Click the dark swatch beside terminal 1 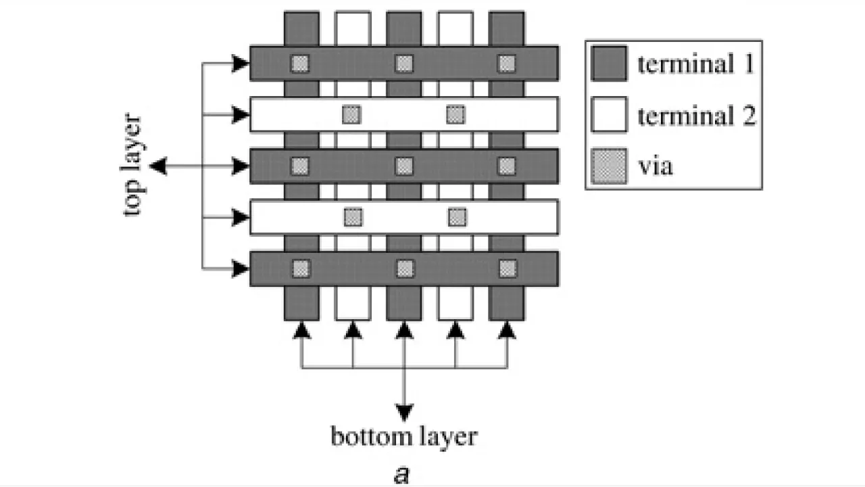pyautogui.click(x=608, y=64)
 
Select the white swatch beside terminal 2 pyautogui.click(x=608, y=114)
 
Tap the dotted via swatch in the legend pyautogui.click(x=608, y=165)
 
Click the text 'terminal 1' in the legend pyautogui.click(x=695, y=64)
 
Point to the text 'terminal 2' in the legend pyautogui.click(x=695, y=116)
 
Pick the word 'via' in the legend pyautogui.click(x=655, y=166)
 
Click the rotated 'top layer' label pyautogui.click(x=134, y=166)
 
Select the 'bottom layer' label pyautogui.click(x=403, y=436)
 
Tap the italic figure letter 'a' pyautogui.click(x=401, y=473)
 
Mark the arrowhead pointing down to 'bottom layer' pyautogui.click(x=404, y=411)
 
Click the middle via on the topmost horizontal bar pyautogui.click(x=404, y=64)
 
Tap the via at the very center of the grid pyautogui.click(x=404, y=166)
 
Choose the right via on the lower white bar pyautogui.click(x=458, y=217)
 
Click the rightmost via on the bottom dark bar pyautogui.click(x=508, y=269)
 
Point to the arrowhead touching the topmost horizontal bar pyautogui.click(x=241, y=64)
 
